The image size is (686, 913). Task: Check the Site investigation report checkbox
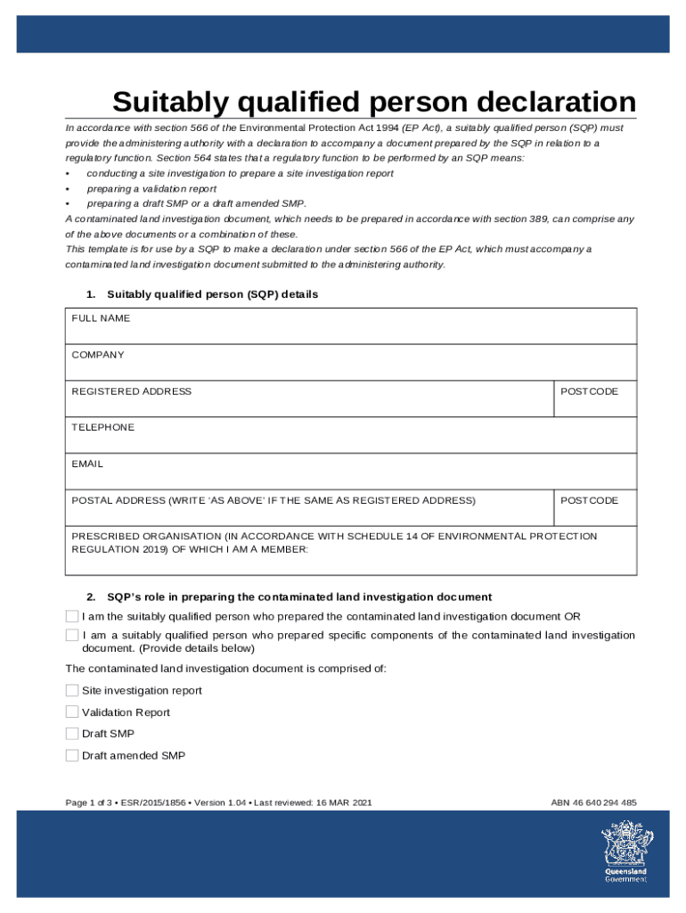[x=72, y=690]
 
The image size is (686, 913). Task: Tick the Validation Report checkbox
[x=72, y=711]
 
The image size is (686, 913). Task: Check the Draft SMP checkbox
[x=72, y=733]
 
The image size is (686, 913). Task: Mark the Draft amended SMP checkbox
[x=72, y=755]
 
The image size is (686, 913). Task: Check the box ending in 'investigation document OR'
[x=72, y=616]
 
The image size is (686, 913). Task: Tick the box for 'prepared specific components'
[x=72, y=635]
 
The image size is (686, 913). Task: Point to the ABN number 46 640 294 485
[x=593, y=802]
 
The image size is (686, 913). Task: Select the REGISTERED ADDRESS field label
[x=131, y=391]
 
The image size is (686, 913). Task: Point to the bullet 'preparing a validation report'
[x=151, y=188]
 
